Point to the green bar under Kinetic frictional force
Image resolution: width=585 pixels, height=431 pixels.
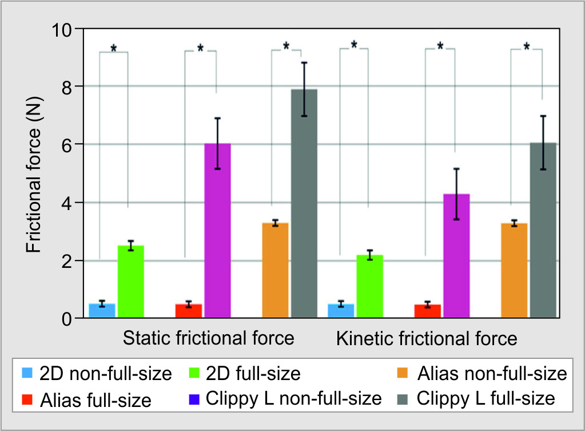tap(370, 286)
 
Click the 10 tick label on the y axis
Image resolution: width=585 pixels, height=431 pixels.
tap(65, 29)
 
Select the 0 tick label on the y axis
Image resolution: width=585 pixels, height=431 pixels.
tap(71, 319)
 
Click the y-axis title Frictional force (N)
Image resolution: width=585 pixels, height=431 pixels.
tap(34, 173)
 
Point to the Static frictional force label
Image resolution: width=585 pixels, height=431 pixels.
tap(209, 338)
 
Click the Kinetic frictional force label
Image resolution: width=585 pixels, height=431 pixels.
tap(427, 338)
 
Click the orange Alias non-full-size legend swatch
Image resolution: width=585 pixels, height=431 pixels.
tap(403, 375)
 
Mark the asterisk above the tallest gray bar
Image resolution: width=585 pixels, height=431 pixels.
tap(286, 46)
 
